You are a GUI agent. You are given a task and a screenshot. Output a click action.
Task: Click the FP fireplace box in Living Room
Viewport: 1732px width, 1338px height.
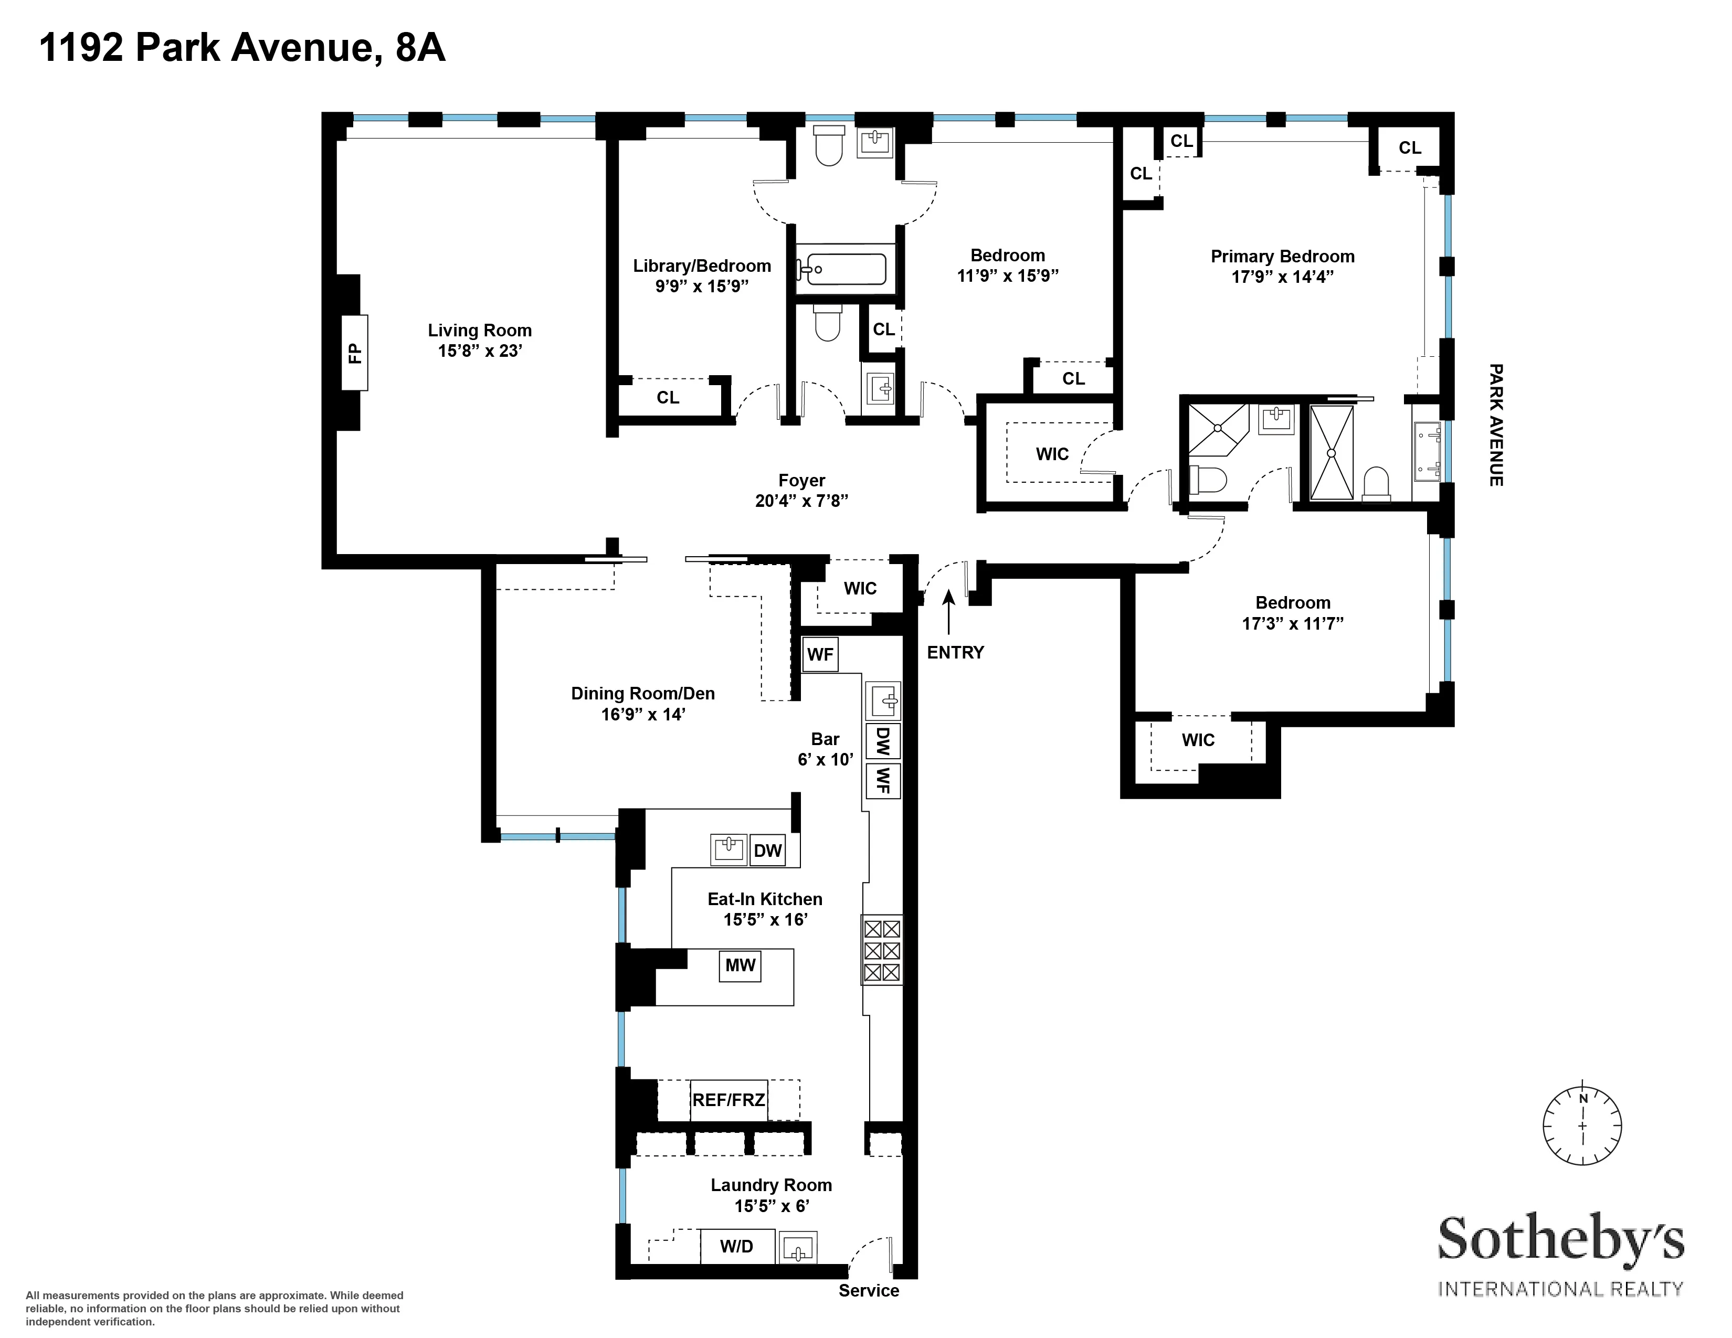[x=354, y=352]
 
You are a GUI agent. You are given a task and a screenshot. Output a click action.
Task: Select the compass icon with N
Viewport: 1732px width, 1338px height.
[x=1581, y=1125]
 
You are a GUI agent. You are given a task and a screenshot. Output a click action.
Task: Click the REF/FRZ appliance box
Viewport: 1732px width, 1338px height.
[x=728, y=1100]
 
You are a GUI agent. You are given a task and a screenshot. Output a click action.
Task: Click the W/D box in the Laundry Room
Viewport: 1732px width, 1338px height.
[x=736, y=1246]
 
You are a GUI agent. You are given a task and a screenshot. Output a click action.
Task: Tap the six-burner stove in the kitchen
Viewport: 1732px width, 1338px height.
[x=882, y=950]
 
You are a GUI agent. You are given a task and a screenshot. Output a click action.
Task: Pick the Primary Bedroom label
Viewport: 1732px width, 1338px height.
[x=1282, y=256]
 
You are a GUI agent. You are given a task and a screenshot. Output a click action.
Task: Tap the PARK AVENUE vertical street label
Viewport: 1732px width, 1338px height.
[x=1496, y=425]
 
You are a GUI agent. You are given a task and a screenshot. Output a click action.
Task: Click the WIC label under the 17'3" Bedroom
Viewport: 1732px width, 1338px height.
[x=1198, y=739]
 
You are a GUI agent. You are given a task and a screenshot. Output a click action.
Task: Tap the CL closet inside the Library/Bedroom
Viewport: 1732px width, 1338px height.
[x=668, y=397]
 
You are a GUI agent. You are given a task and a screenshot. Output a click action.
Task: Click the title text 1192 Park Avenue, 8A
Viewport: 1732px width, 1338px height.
[x=242, y=48]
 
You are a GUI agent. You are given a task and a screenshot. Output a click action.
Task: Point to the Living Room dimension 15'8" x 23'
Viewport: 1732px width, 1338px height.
[x=479, y=351]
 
